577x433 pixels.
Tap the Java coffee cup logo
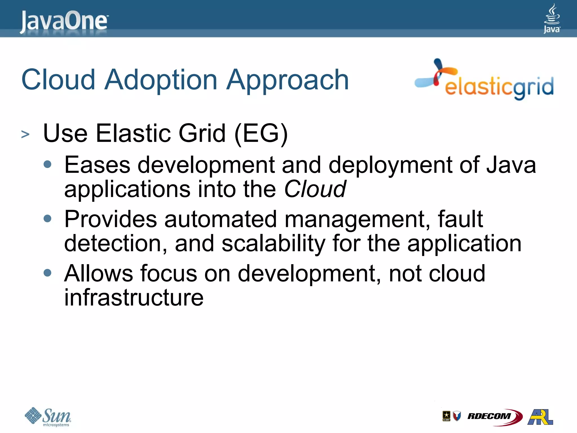click(552, 18)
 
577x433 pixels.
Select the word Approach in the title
click(288, 80)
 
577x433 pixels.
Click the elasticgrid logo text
click(499, 87)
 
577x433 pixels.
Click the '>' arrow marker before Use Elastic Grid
click(25, 134)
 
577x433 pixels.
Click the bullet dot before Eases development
click(48, 164)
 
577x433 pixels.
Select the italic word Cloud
click(315, 189)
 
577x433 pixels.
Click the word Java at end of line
click(511, 165)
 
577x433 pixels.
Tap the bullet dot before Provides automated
click(48, 218)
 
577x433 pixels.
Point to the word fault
click(460, 219)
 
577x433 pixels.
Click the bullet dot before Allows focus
click(48, 273)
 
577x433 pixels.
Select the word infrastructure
click(134, 298)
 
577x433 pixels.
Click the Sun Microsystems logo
click(48, 417)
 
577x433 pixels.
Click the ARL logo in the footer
click(540, 417)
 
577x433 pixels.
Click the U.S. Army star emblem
click(446, 416)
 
